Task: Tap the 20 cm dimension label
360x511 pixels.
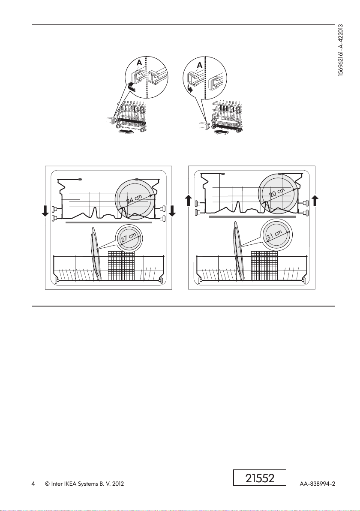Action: point(278,194)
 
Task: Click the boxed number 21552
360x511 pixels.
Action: point(260,478)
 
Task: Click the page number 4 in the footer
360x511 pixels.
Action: point(33,484)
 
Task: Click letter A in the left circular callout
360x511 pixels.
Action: point(139,63)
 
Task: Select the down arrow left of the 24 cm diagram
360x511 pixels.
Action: point(45,210)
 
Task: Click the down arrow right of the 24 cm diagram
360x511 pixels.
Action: point(172,210)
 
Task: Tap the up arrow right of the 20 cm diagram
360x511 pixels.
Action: point(315,200)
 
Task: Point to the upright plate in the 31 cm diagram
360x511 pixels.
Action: point(237,251)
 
